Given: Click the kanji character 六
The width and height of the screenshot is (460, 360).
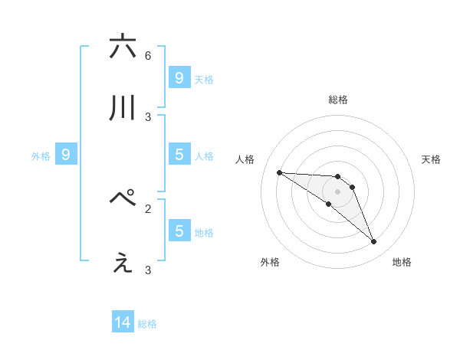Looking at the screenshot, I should tap(123, 47).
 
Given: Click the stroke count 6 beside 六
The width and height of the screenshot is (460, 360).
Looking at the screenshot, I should tap(148, 56).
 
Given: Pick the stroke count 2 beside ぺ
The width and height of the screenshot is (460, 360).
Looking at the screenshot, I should tap(148, 208).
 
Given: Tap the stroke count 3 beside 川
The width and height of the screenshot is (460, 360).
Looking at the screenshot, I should tap(148, 117).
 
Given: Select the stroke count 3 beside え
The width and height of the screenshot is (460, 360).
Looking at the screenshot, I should tap(148, 270).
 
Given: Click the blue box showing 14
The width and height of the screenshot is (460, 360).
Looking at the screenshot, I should tap(123, 323).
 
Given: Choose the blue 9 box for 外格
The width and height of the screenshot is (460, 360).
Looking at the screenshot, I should tap(66, 155).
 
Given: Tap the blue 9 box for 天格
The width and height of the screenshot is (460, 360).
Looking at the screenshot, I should tap(179, 77).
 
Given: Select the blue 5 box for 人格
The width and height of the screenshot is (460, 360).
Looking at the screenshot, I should tap(179, 155).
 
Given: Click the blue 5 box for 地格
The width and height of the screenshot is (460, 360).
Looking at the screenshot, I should tap(179, 231).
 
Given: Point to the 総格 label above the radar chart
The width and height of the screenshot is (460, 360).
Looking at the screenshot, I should tap(337, 100).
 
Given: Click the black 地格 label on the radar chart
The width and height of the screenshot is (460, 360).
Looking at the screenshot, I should tap(402, 263).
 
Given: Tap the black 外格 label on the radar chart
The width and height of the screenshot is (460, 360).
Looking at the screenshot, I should tap(270, 263).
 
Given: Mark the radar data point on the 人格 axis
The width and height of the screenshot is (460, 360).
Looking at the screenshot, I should tap(279, 172).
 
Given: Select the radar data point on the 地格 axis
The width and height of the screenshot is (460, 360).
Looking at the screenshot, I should tap(373, 242).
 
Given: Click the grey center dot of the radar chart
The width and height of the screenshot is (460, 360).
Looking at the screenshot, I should tap(337, 191).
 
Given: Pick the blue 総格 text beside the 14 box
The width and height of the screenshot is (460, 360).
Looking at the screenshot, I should tap(147, 324).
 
